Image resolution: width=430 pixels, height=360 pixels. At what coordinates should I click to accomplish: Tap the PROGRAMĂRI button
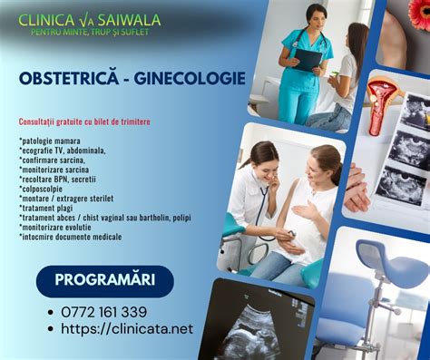[x=104, y=279]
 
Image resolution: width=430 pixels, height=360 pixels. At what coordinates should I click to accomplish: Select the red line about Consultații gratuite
[x=84, y=122]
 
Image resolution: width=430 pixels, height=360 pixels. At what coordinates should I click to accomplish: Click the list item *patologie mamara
[x=50, y=141]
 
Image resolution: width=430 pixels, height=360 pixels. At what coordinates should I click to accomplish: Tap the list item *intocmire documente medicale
[x=70, y=237]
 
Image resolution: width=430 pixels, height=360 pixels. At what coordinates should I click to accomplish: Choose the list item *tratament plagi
[x=49, y=208]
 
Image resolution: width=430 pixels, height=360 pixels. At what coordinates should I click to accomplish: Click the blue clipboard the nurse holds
[x=306, y=60]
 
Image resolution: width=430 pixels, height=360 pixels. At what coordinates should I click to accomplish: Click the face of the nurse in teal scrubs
[x=317, y=16]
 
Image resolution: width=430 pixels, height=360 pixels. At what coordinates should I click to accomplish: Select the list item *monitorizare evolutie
[x=56, y=227]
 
